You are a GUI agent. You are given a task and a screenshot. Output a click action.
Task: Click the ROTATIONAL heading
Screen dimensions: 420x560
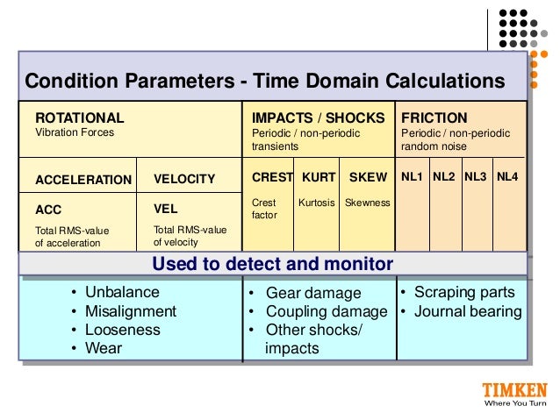(79, 117)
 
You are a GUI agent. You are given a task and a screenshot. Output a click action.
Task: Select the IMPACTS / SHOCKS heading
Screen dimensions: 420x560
(318, 117)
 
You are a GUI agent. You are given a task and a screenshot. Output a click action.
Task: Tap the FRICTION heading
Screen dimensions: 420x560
(434, 117)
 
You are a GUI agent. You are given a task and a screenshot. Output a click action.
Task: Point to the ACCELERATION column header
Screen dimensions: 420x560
(83, 180)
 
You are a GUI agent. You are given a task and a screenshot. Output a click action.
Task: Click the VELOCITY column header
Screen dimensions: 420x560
(184, 179)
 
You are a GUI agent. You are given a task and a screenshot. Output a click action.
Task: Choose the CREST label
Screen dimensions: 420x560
(272, 177)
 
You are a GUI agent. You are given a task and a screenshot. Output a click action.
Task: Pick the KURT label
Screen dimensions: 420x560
(319, 177)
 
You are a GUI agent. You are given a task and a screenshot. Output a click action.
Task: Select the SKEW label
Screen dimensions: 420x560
(368, 177)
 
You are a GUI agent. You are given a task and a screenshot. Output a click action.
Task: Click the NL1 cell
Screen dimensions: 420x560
(412, 177)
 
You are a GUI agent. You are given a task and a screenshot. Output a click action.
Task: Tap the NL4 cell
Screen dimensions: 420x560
(507, 177)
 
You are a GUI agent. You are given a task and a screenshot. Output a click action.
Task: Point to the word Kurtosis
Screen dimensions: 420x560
(318, 203)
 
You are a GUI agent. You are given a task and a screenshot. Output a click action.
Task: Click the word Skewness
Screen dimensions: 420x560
(367, 203)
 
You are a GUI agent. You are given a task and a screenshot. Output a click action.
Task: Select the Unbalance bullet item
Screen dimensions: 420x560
(122, 292)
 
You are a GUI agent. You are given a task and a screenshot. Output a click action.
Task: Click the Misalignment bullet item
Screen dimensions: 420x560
(131, 311)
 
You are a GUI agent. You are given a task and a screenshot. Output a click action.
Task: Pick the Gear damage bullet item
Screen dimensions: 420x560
(313, 294)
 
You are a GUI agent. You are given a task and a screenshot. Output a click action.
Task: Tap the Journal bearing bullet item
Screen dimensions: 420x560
(468, 311)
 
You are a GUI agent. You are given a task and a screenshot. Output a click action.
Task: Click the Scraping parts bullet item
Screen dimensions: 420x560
(464, 292)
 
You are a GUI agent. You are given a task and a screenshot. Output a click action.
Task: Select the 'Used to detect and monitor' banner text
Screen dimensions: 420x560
(272, 264)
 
